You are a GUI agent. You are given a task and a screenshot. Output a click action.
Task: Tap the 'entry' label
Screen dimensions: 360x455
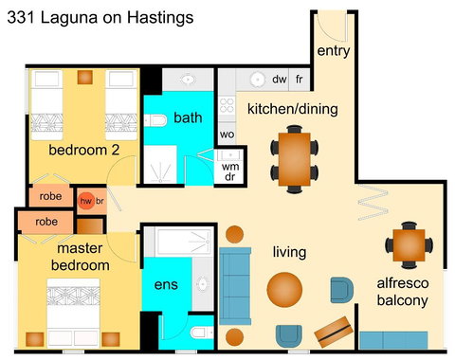point(333,50)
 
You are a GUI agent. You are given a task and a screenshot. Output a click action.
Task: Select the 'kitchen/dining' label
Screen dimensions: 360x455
point(292,109)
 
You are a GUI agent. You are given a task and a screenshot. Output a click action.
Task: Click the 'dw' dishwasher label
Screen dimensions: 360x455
point(280,80)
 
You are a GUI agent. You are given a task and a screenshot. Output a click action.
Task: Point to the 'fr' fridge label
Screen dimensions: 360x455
point(300,80)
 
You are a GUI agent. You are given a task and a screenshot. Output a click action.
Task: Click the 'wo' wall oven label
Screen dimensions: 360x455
point(227,135)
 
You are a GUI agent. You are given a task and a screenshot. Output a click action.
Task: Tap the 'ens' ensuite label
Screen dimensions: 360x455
point(165,284)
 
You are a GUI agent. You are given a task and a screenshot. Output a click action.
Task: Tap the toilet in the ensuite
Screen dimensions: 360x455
point(200,334)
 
